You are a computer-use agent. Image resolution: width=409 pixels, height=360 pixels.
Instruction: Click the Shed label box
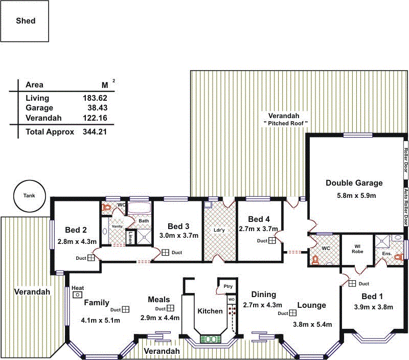25,21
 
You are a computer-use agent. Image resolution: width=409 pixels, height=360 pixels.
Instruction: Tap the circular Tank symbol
29,196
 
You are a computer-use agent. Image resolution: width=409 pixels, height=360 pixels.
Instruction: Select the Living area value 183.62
95,98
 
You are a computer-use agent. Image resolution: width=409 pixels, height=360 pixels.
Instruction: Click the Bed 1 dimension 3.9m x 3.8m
373,307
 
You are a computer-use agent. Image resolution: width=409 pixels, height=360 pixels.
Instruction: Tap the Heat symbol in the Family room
78,295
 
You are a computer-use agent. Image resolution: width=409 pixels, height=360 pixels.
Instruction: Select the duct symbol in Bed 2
92,258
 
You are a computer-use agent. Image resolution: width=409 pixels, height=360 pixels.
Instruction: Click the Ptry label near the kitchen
228,286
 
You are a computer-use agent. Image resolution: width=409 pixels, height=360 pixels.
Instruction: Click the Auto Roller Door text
406,207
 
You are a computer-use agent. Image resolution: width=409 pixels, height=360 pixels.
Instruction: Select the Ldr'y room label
219,230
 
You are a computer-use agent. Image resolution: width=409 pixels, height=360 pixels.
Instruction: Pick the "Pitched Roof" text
285,123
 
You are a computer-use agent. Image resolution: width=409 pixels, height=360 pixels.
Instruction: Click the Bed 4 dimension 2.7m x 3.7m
258,229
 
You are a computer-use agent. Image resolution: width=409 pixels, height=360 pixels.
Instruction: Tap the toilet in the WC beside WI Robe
315,259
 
